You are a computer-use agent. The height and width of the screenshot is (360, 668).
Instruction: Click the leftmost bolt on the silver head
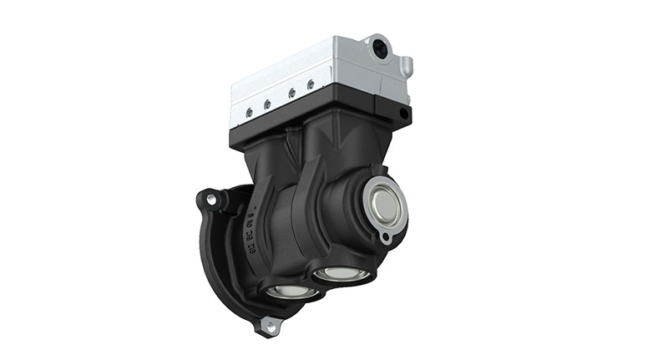(247, 111)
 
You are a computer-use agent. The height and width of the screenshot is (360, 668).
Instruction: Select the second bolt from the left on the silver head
(268, 104)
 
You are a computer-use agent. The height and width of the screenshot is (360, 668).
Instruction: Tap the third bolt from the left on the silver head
(290, 94)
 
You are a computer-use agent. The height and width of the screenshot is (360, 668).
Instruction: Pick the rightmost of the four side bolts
(311, 84)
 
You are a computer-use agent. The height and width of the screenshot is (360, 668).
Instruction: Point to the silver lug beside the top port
(404, 63)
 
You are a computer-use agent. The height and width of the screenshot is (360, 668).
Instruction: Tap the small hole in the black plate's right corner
(404, 113)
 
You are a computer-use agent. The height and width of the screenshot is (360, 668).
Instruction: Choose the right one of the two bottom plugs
(342, 272)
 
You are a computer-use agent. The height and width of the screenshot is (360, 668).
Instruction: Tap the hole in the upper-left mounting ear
(210, 200)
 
